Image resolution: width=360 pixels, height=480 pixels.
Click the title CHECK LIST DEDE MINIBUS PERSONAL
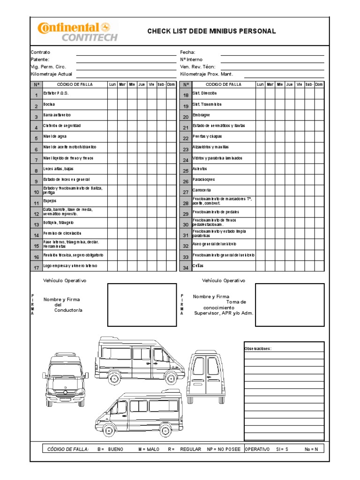click(x=211, y=31)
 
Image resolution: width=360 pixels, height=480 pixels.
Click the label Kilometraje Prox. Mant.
click(x=206, y=74)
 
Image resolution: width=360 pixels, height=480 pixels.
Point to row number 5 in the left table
click(x=36, y=138)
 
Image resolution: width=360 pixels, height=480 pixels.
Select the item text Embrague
click(x=201, y=115)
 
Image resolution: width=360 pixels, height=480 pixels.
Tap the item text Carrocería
click(x=202, y=190)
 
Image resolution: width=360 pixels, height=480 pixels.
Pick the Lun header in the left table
click(x=112, y=84)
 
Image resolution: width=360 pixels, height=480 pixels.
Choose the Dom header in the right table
click(x=319, y=84)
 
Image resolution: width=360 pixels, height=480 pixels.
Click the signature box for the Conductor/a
click(x=142, y=305)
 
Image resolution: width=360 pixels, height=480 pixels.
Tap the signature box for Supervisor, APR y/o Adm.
click(x=289, y=305)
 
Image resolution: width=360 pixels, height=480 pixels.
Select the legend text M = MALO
click(x=149, y=449)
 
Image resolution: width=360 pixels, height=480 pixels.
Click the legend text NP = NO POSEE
click(x=224, y=449)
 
